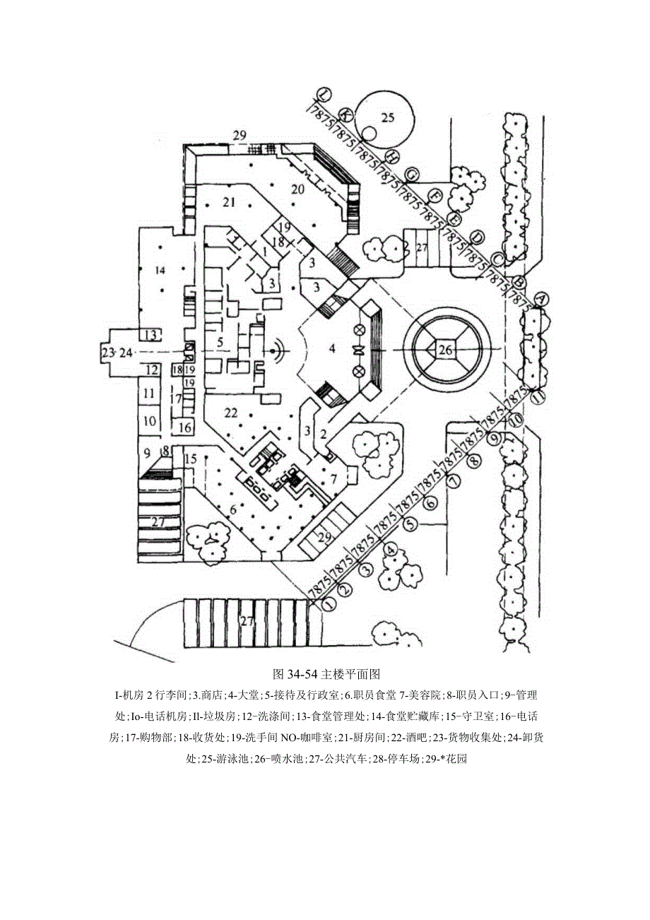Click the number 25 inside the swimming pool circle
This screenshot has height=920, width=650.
coord(387,117)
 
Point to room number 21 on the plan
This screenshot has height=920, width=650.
coord(227,202)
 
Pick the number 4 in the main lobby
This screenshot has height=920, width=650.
coord(331,348)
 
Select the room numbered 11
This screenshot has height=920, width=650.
coord(148,393)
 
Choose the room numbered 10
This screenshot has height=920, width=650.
coord(148,421)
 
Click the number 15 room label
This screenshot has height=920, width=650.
coord(189,460)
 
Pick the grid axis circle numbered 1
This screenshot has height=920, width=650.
coord(327,603)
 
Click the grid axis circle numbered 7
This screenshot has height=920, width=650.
coord(454,481)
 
